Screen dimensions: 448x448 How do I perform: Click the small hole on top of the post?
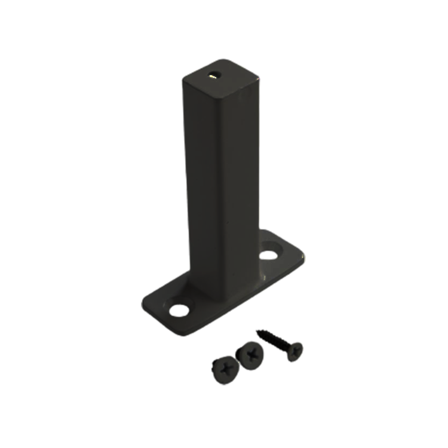coord(213,76)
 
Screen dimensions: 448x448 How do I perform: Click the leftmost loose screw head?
coord(224,370)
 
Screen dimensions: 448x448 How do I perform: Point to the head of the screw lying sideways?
coord(294,349)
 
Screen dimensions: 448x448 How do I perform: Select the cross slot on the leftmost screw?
coord(224,370)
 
